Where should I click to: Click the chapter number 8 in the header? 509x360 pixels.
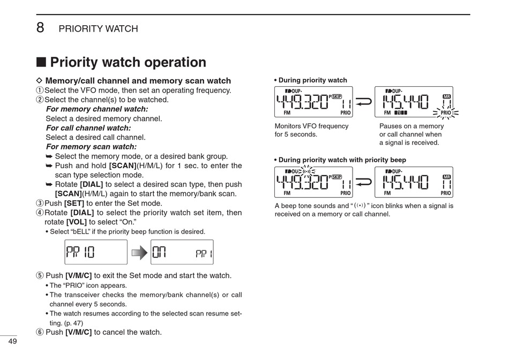tap(40, 28)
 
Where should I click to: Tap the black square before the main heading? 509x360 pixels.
tap(41, 62)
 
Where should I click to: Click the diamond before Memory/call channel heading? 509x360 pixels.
tap(38, 81)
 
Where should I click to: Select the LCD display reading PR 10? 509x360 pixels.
tap(96, 252)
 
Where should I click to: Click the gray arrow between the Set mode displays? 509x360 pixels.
tap(139, 252)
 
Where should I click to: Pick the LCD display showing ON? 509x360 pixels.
tap(182, 252)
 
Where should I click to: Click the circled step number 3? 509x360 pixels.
tap(39, 204)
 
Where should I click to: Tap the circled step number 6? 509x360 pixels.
tap(39, 332)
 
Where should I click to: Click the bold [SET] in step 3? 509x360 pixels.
tap(74, 204)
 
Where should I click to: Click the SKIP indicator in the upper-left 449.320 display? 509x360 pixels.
tap(336, 96)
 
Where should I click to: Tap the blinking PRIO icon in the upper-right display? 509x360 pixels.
tap(445, 113)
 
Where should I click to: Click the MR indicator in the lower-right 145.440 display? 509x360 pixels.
tap(447, 177)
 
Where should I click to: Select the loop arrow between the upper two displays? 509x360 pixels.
tap(364, 102)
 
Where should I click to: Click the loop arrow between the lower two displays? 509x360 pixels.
tap(364, 182)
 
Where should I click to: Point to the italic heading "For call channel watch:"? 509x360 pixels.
tap(88, 128)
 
